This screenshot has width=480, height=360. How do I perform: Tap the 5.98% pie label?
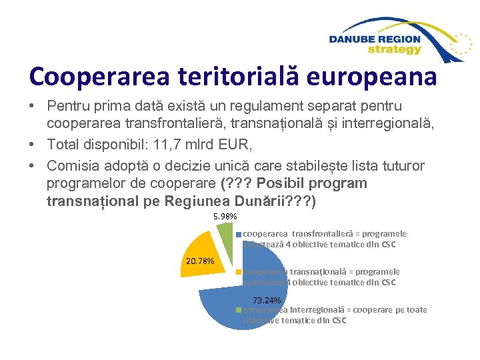(x=225, y=217)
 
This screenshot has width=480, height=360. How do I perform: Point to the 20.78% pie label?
(x=197, y=260)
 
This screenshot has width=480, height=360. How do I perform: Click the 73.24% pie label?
(x=267, y=301)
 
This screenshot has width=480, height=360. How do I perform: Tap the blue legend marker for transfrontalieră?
(x=239, y=234)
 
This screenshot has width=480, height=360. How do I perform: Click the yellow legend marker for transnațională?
(x=239, y=272)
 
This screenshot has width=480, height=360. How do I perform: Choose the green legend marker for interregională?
(x=239, y=310)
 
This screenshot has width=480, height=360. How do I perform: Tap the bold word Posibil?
(x=295, y=183)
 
